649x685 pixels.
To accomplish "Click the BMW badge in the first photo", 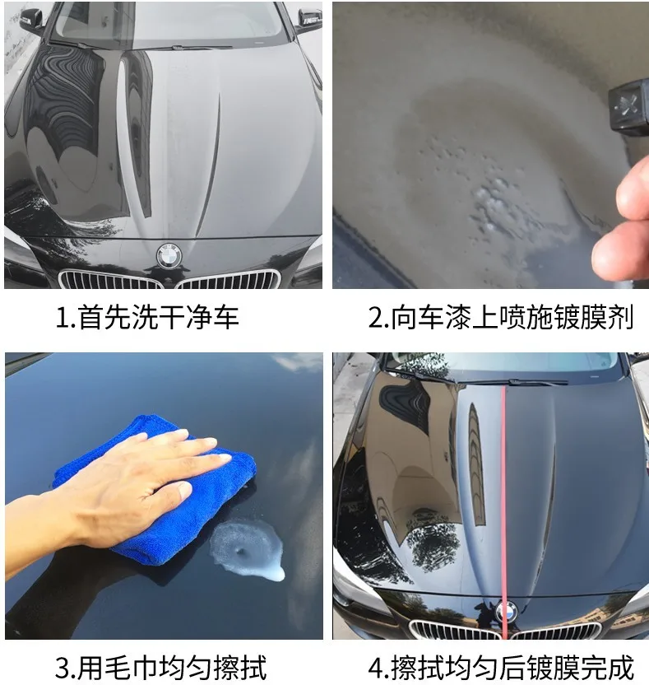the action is point(169,254).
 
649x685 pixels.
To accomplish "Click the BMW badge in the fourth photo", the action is point(506,611).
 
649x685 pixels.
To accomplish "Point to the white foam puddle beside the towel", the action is point(248,549).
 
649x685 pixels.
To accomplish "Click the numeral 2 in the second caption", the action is point(376,318).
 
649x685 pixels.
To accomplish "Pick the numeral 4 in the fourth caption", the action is point(376,668).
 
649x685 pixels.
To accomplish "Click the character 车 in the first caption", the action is point(225,317).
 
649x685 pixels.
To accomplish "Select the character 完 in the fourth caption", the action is point(593,667).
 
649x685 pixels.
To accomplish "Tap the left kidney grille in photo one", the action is point(111,280).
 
